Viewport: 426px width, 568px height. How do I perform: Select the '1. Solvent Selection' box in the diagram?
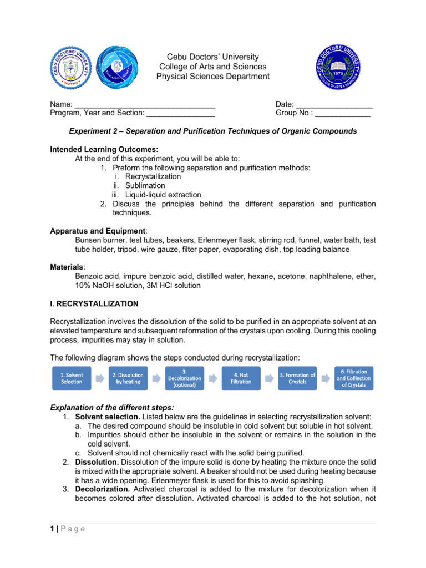point(72,378)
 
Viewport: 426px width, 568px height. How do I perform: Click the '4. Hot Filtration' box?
point(241,378)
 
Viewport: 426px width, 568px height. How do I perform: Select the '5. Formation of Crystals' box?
point(297,378)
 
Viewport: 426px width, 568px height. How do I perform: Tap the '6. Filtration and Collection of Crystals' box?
point(354,378)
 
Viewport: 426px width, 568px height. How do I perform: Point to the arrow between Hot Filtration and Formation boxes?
point(269,379)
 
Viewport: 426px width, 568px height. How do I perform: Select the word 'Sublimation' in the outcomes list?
point(145,185)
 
